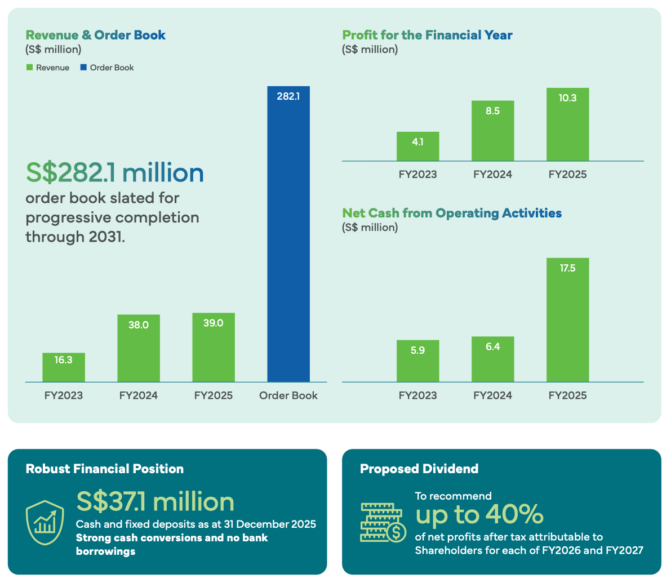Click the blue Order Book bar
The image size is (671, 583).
[288, 234]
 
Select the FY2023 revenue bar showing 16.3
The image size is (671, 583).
[64, 367]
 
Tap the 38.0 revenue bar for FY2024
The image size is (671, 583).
[139, 348]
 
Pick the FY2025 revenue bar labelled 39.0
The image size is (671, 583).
[214, 348]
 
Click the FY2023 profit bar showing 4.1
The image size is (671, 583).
[417, 146]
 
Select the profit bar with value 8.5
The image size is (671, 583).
[493, 131]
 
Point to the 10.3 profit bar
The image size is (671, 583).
[568, 124]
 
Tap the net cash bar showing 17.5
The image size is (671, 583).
[568, 320]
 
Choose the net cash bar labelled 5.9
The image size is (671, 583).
[417, 361]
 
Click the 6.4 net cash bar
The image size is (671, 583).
[493, 359]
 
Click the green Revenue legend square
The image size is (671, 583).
[29, 67]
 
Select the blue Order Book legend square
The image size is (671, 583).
[83, 67]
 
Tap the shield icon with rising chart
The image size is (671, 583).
[45, 522]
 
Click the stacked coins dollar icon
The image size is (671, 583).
[383, 523]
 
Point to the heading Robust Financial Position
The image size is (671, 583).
[105, 469]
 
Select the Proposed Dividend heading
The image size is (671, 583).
[419, 469]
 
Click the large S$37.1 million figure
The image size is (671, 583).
[155, 502]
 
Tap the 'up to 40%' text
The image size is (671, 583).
[479, 514]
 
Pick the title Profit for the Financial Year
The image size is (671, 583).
[428, 35]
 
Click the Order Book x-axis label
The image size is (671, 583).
[288, 395]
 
